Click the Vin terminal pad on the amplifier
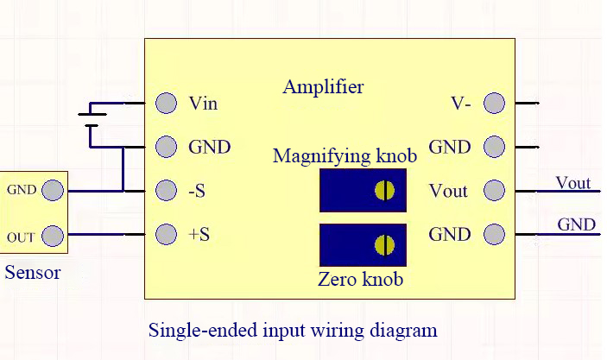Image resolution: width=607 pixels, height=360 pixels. (166, 103)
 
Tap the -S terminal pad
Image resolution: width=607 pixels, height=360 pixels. (166, 191)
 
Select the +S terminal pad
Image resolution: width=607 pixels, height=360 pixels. (166, 234)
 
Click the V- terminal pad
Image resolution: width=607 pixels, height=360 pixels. (495, 103)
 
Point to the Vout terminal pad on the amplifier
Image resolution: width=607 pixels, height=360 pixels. (495, 191)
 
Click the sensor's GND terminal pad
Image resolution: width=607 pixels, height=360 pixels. (53, 190)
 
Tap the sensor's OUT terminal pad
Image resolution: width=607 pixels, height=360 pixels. (53, 236)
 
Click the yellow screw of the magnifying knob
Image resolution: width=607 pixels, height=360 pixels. (385, 191)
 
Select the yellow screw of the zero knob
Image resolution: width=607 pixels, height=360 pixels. (385, 245)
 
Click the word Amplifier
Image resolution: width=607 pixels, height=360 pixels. (323, 87)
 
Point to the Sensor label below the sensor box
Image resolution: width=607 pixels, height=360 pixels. (33, 273)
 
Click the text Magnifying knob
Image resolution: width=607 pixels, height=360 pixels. (345, 156)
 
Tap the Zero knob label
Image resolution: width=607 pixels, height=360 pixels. (360, 279)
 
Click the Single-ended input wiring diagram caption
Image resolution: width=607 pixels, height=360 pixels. (293, 330)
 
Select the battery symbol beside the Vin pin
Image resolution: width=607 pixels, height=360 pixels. (92, 120)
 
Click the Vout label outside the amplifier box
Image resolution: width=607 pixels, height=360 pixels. (573, 183)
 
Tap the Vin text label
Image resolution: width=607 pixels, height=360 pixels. (203, 104)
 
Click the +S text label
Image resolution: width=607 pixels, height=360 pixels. (199, 235)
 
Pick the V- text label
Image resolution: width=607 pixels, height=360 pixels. (461, 104)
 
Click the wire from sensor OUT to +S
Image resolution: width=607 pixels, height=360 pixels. (104, 235)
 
